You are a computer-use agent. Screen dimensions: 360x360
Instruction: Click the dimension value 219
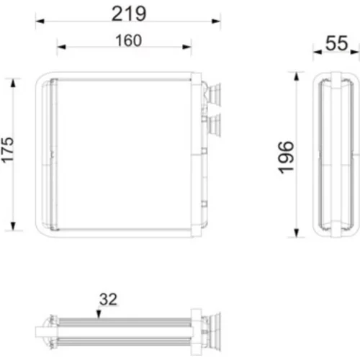pos(129,14)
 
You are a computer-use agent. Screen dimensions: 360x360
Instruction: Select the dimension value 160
pos(129,40)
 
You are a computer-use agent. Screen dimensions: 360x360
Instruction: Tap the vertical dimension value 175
pos(7,150)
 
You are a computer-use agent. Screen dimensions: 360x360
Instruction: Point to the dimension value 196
pos(286,157)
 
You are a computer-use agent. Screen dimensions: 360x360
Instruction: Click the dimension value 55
pos(336,43)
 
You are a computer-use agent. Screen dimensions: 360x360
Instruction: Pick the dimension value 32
pos(108,300)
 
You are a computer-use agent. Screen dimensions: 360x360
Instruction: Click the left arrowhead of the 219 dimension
pos(40,21)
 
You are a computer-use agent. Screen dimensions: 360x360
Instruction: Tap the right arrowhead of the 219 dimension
pos(216,21)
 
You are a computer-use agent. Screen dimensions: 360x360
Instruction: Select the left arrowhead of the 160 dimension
pos(61,47)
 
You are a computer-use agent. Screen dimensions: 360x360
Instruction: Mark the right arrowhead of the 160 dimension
pos(187,47)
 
